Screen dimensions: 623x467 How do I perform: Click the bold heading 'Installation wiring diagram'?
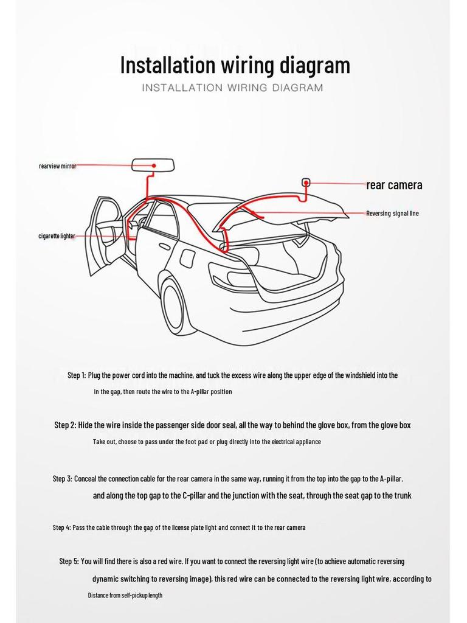pos(235,65)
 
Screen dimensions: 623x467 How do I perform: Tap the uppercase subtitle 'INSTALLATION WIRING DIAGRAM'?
pos(232,88)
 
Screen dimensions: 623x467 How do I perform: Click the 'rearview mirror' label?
pos(58,165)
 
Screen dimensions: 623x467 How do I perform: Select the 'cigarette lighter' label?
pos(57,236)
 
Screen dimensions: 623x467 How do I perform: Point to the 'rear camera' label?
pos(394,185)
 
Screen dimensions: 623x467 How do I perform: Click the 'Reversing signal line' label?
pos(392,214)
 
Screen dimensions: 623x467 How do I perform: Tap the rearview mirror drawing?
pos(153,165)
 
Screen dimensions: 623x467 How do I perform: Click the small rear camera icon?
pos(306,182)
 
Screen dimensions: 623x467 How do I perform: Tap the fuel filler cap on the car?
pos(188,258)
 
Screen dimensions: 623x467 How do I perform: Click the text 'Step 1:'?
pos(77,375)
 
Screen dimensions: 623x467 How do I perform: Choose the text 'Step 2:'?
pos(65,425)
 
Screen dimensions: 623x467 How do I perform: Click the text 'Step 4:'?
pos(61,527)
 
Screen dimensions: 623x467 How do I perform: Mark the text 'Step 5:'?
pos(69,561)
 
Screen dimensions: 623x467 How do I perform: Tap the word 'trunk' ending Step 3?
pos(402,495)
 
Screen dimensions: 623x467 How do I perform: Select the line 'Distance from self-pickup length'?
pos(125,595)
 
